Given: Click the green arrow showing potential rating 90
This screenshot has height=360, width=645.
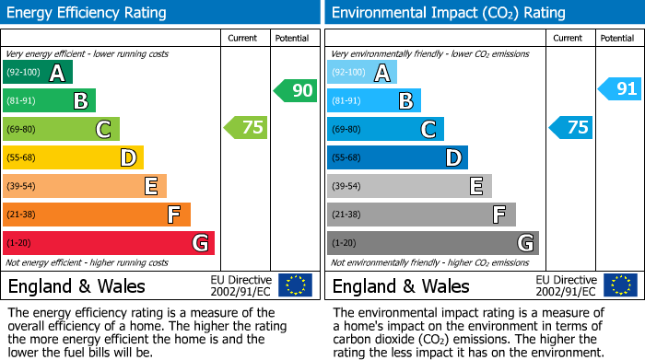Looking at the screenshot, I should pos(295,90).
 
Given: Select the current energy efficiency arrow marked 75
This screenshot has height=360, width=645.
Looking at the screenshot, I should pos(246,128).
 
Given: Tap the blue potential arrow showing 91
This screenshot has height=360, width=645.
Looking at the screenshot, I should pos(619,89).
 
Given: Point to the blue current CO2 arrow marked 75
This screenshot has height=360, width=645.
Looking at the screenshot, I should pos(570,128).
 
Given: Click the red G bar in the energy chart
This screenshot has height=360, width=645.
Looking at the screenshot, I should pos(109,243).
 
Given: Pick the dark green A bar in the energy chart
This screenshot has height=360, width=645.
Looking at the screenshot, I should pos(38,73).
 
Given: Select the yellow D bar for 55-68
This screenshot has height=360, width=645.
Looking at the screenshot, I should pos(74,158).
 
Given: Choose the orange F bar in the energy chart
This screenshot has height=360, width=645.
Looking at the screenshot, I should pos(97,215).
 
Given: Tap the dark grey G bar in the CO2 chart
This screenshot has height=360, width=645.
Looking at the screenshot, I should pos(432,243).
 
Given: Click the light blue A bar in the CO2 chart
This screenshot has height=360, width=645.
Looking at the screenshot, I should pos(362,73).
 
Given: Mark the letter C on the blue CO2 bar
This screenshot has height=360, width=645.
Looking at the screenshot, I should pos(428,130).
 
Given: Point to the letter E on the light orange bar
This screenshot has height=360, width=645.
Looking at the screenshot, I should pos(150,187).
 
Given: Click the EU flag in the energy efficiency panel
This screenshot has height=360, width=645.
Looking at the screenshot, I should pos(295,285).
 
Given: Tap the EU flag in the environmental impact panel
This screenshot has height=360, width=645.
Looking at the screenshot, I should pos(619,285).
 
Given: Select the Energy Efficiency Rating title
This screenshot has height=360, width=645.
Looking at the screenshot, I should pos(88,13).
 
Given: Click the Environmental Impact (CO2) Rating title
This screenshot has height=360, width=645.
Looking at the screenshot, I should pos(448,13).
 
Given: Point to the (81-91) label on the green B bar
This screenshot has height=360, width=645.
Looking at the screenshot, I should pos(22,101).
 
